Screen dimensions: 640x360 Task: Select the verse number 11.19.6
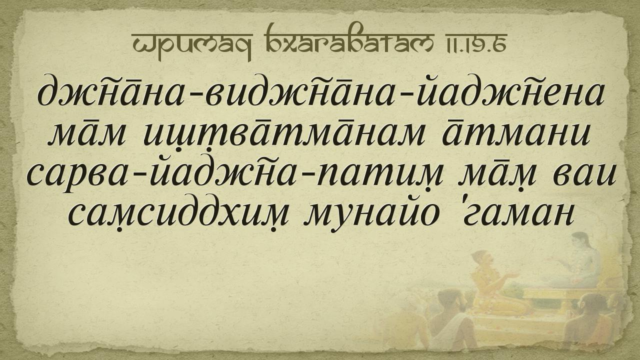point(473,43)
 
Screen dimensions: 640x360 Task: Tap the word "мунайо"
point(371,216)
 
